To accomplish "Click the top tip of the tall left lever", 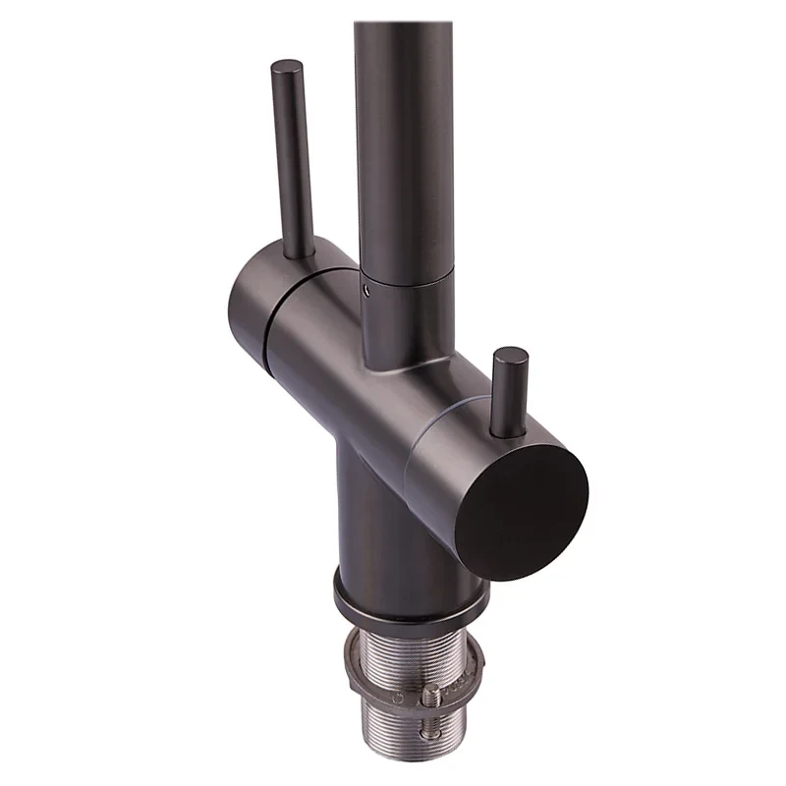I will (287, 69).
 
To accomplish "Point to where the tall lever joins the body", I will (301, 253).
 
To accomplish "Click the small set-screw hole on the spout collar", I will (367, 289).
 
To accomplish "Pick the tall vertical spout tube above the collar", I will (403, 128).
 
